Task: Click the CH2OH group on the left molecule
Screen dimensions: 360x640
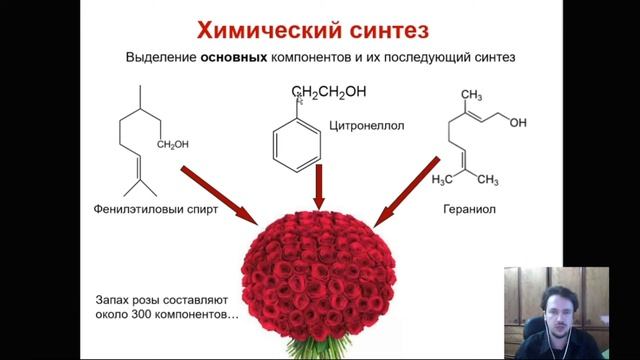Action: tap(172, 144)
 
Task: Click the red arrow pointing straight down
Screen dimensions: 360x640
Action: tap(319, 187)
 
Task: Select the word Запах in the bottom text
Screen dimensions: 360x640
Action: tap(105, 299)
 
